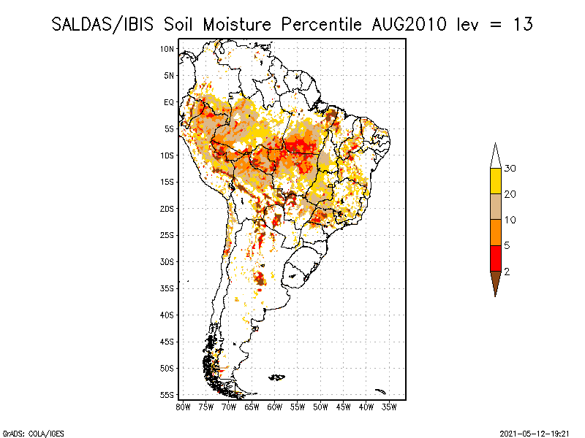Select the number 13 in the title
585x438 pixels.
[x=522, y=24]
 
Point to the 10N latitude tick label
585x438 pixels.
[x=167, y=49]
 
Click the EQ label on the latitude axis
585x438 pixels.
[x=169, y=102]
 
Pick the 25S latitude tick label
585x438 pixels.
[x=167, y=235]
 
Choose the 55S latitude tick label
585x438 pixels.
[x=167, y=395]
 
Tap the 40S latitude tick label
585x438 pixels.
[x=167, y=315]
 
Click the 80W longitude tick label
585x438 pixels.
[x=183, y=407]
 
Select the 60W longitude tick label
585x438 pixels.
[x=274, y=407]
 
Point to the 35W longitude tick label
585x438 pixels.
[x=389, y=407]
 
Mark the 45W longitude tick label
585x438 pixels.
[x=343, y=407]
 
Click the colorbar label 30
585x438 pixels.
[x=510, y=169]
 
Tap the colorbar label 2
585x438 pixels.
[x=507, y=271]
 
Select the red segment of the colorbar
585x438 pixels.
[x=496, y=258]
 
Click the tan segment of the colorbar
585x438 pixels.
[x=496, y=207]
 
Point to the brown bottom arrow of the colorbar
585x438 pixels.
[x=496, y=282]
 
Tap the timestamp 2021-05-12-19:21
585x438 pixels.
[x=535, y=432]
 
